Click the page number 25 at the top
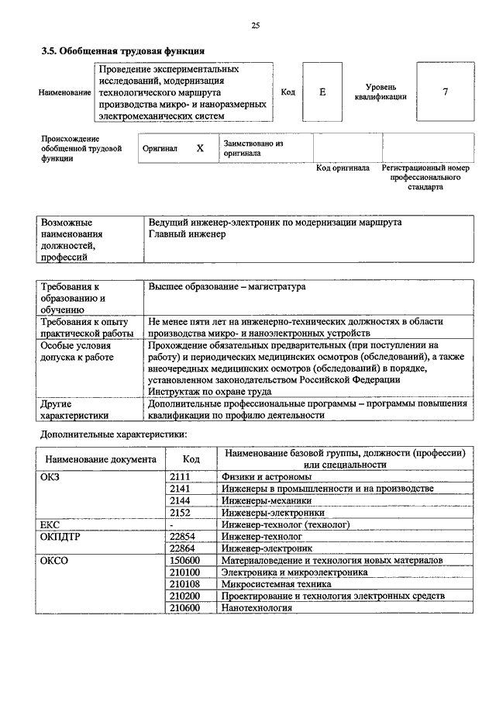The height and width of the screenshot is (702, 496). [255, 26]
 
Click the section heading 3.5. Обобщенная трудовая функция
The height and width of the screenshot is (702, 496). [122, 51]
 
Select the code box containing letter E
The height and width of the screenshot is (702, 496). [322, 92]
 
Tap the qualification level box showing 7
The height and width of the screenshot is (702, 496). [445, 92]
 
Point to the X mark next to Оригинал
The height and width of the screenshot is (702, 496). [200, 147]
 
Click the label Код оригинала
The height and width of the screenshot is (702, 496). [343, 168]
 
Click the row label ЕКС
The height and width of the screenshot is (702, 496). [50, 524]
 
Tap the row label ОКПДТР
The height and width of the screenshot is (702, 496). [59, 536]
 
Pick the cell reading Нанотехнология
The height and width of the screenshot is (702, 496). [256, 607]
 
